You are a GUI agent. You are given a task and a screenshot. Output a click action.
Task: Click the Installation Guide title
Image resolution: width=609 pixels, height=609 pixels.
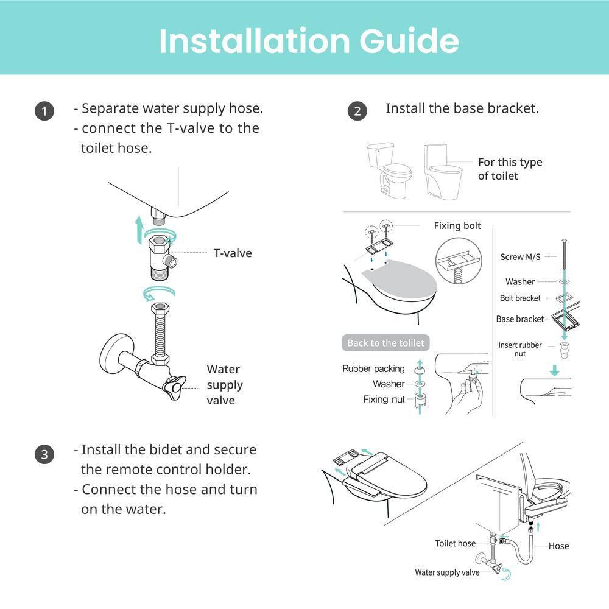point(309,40)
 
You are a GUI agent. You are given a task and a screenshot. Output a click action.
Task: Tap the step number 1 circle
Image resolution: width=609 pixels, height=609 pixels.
point(44,111)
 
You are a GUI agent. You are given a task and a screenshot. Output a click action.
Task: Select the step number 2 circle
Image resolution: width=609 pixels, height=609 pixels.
point(357,111)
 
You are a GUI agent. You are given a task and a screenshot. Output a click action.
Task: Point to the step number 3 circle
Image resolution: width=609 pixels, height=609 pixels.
point(44,454)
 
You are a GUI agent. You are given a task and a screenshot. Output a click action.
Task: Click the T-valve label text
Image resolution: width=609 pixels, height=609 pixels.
point(232,253)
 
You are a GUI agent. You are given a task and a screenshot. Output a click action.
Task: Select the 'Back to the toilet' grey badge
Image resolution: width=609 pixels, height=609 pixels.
point(385,343)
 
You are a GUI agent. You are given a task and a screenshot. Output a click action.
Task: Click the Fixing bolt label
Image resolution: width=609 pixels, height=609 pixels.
point(457,226)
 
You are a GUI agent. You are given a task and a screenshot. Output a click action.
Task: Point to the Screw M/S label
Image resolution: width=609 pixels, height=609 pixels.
point(520,257)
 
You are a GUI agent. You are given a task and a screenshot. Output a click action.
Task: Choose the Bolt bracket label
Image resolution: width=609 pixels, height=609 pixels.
point(520,298)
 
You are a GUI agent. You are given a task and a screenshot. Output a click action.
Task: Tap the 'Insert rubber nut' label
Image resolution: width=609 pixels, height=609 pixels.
point(520,349)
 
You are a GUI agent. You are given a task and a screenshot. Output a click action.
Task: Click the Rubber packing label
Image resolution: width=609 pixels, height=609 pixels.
point(373,368)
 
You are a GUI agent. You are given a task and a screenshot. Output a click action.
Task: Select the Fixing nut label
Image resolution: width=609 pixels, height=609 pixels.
point(384,400)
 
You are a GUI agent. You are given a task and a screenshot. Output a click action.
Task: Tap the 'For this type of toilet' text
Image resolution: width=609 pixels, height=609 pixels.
point(510,169)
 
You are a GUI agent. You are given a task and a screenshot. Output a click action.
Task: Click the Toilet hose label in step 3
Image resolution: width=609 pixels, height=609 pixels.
point(455,543)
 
